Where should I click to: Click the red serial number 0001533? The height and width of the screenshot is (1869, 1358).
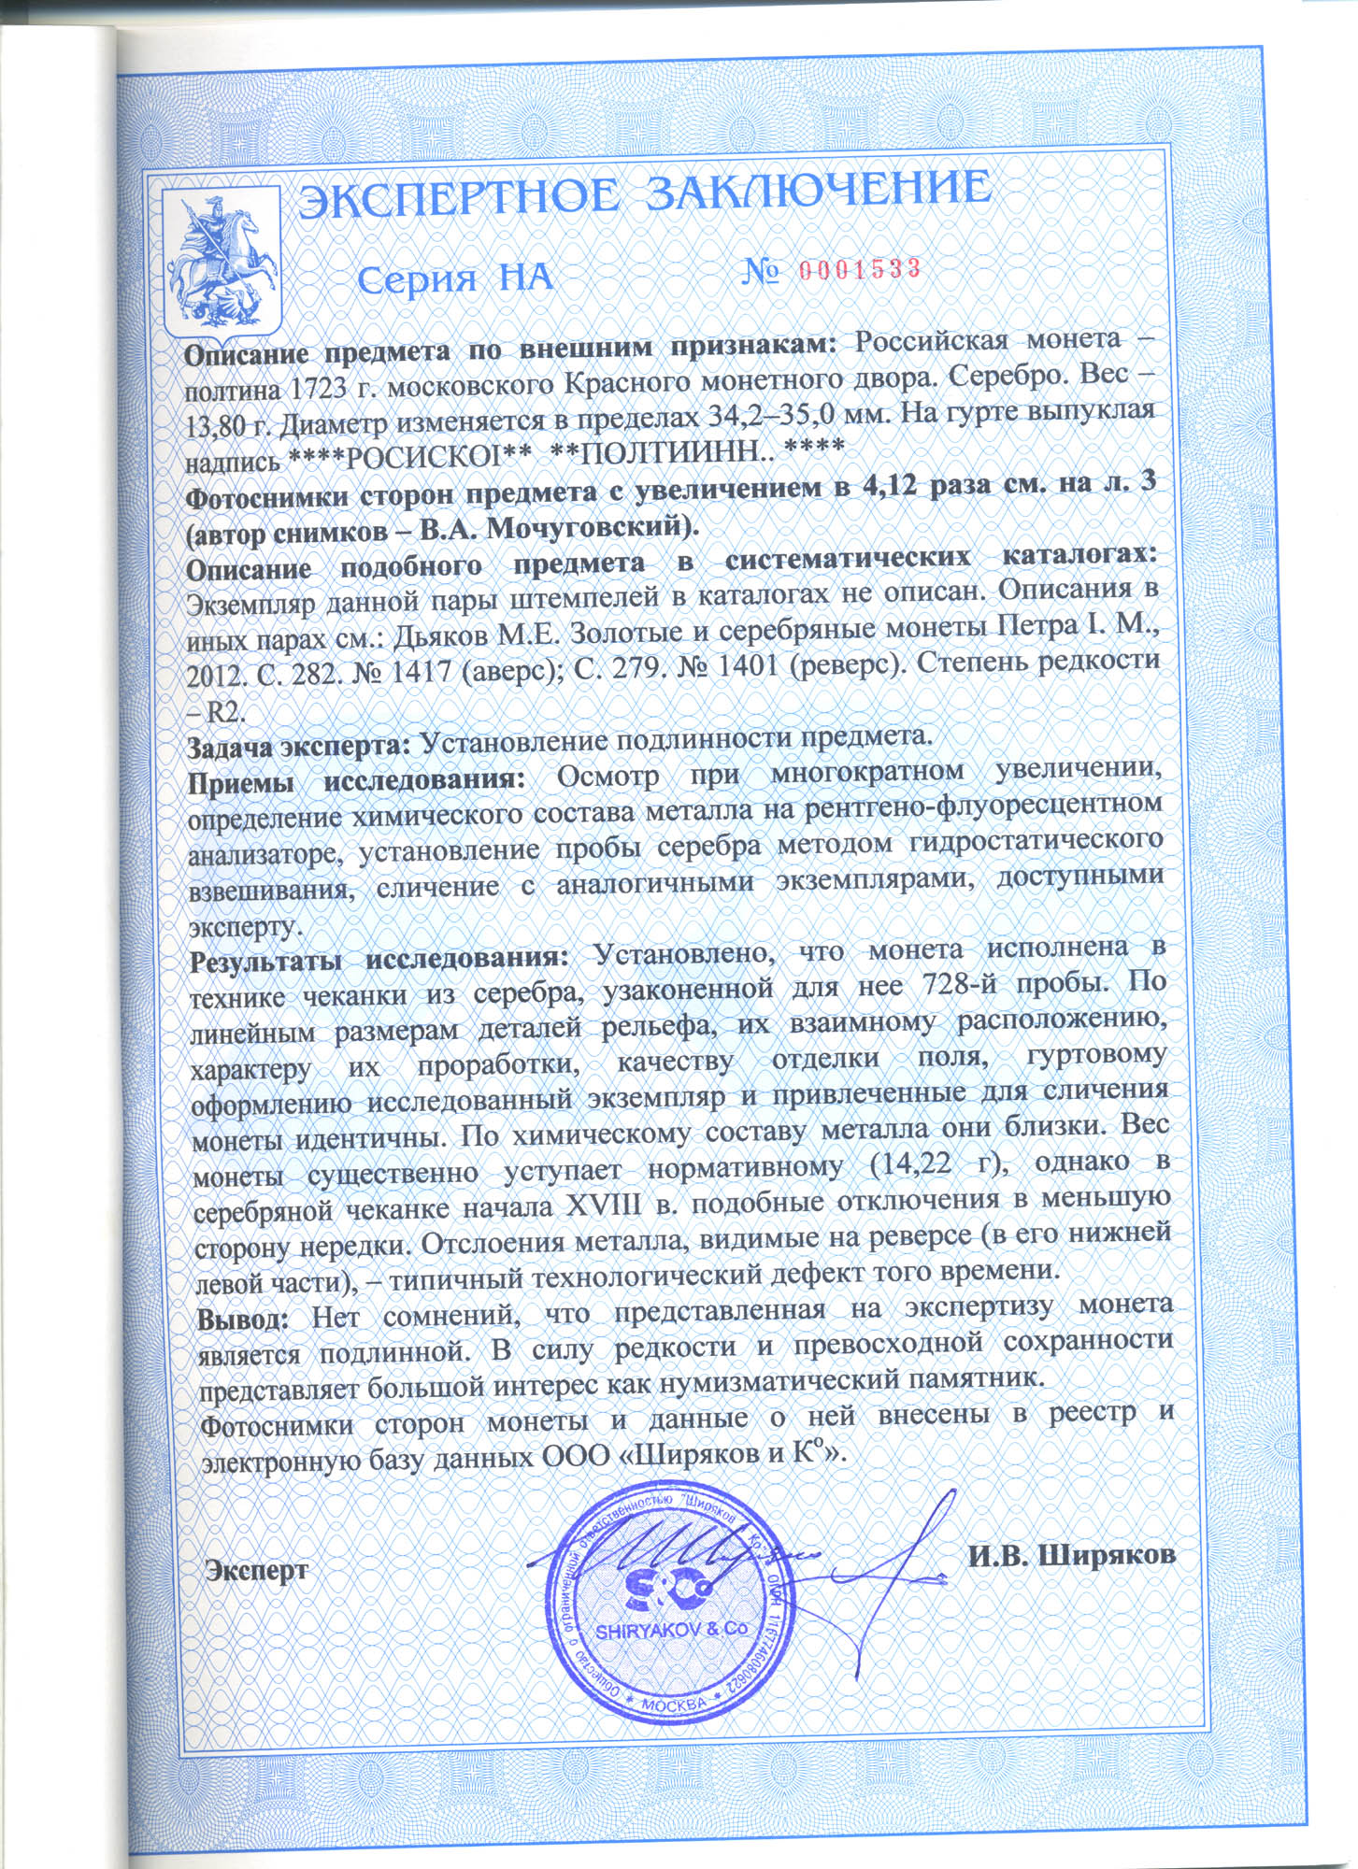coord(861,268)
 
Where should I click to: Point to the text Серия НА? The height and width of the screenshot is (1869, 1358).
coord(455,278)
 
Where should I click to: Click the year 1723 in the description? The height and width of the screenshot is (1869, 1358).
coord(329,386)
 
